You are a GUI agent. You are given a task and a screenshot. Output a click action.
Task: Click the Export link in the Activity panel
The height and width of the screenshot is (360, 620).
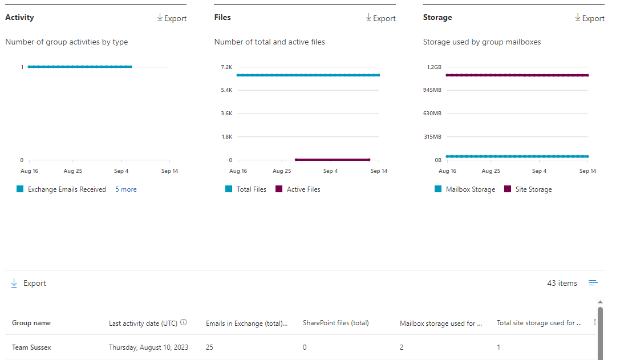click(172, 18)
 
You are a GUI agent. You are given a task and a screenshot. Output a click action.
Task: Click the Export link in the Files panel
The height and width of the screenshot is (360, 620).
click(380, 18)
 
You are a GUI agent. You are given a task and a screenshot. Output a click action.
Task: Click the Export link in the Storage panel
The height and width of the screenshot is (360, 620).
click(590, 18)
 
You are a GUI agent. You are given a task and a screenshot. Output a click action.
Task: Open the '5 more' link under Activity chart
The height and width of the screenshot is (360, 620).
click(125, 189)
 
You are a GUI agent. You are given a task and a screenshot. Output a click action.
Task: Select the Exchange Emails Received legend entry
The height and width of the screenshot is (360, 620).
click(66, 189)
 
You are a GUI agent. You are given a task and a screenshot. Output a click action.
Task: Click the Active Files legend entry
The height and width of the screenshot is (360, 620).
click(303, 189)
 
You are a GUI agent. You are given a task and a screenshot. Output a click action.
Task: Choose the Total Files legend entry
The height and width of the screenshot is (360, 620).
click(251, 189)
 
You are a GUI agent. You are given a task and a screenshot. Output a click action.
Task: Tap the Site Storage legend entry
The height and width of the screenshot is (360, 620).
click(533, 189)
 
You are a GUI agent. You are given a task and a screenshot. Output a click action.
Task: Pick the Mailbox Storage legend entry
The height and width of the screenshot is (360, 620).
click(469, 189)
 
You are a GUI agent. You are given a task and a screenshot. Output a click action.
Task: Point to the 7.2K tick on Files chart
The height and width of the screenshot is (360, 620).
click(226, 67)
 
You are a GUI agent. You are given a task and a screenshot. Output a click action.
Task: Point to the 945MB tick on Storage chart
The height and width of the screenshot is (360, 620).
click(432, 90)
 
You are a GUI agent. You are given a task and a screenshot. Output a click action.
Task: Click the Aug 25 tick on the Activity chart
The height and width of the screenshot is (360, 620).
click(72, 171)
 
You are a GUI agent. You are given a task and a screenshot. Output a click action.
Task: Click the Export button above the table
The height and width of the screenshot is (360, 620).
click(29, 284)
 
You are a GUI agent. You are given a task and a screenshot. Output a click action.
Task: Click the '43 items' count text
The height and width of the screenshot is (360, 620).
click(562, 284)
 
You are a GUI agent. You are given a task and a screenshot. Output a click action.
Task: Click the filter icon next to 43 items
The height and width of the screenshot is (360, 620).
click(593, 283)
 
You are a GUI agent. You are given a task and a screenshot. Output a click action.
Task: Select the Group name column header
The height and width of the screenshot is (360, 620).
click(31, 323)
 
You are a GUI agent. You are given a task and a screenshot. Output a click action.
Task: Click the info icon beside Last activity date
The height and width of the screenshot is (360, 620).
click(184, 322)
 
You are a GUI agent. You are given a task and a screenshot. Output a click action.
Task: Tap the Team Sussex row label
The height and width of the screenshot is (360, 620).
click(31, 347)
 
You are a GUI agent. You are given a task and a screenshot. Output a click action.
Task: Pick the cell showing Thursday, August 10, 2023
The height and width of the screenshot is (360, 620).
click(148, 347)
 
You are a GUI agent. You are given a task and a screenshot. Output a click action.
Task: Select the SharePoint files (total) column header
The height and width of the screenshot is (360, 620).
click(335, 323)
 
